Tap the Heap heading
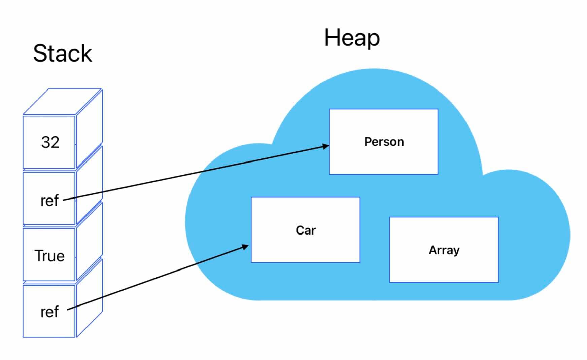pyautogui.click(x=352, y=38)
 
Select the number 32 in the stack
pyautogui.click(x=50, y=142)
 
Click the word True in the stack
pyautogui.click(x=49, y=256)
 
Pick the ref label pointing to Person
pyautogui.click(x=49, y=201)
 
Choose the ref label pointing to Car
pyautogui.click(x=49, y=312)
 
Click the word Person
pyautogui.click(x=384, y=142)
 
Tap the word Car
pyautogui.click(x=306, y=230)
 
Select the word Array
pyautogui.click(x=444, y=250)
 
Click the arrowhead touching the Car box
pyautogui.click(x=245, y=247)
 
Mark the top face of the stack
pyautogui.click(x=63, y=102)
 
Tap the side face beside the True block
pyautogui.click(x=89, y=242)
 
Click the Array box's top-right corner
pyautogui.click(x=498, y=217)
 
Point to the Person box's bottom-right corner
pyautogui.click(x=438, y=174)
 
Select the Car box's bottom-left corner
pyautogui.click(x=251, y=262)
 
